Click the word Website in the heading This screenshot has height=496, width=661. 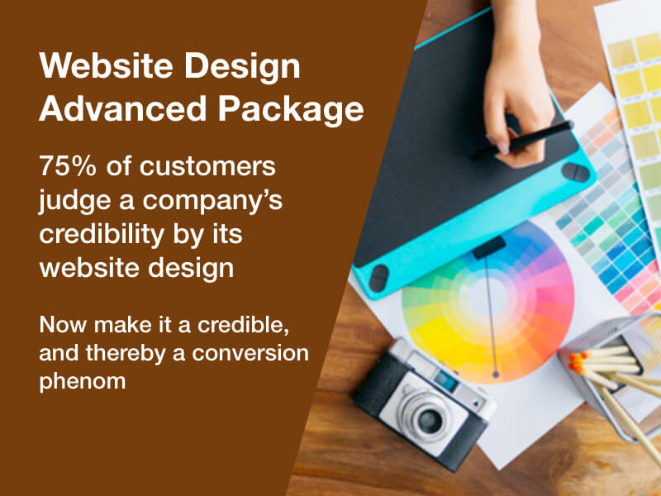click(107, 65)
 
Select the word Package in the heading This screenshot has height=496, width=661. click(291, 111)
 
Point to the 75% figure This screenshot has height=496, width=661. click(68, 166)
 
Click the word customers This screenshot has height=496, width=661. click(208, 166)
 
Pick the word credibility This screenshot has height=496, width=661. click(102, 235)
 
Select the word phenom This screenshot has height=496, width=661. click(83, 382)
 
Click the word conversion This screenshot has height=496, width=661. click(250, 353)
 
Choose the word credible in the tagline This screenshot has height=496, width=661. click(243, 325)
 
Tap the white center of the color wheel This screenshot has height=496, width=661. click(489, 297)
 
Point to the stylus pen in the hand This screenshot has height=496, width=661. click(523, 140)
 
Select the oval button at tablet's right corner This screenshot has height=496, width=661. click(576, 172)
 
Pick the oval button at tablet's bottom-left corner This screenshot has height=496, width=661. click(378, 279)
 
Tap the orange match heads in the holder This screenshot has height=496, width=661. click(576, 363)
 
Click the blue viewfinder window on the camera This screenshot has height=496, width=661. click(446, 380)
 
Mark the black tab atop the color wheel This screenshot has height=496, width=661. click(489, 247)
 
